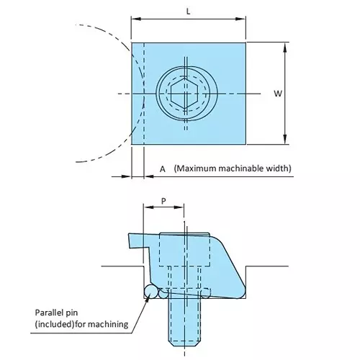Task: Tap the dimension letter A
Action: click(x=163, y=169)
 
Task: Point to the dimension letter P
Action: click(x=163, y=202)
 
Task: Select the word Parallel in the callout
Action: click(x=51, y=313)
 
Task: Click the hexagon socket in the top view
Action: click(x=186, y=94)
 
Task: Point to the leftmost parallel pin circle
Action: click(x=150, y=291)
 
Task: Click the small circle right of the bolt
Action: click(x=207, y=292)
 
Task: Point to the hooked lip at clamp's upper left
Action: click(x=134, y=241)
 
